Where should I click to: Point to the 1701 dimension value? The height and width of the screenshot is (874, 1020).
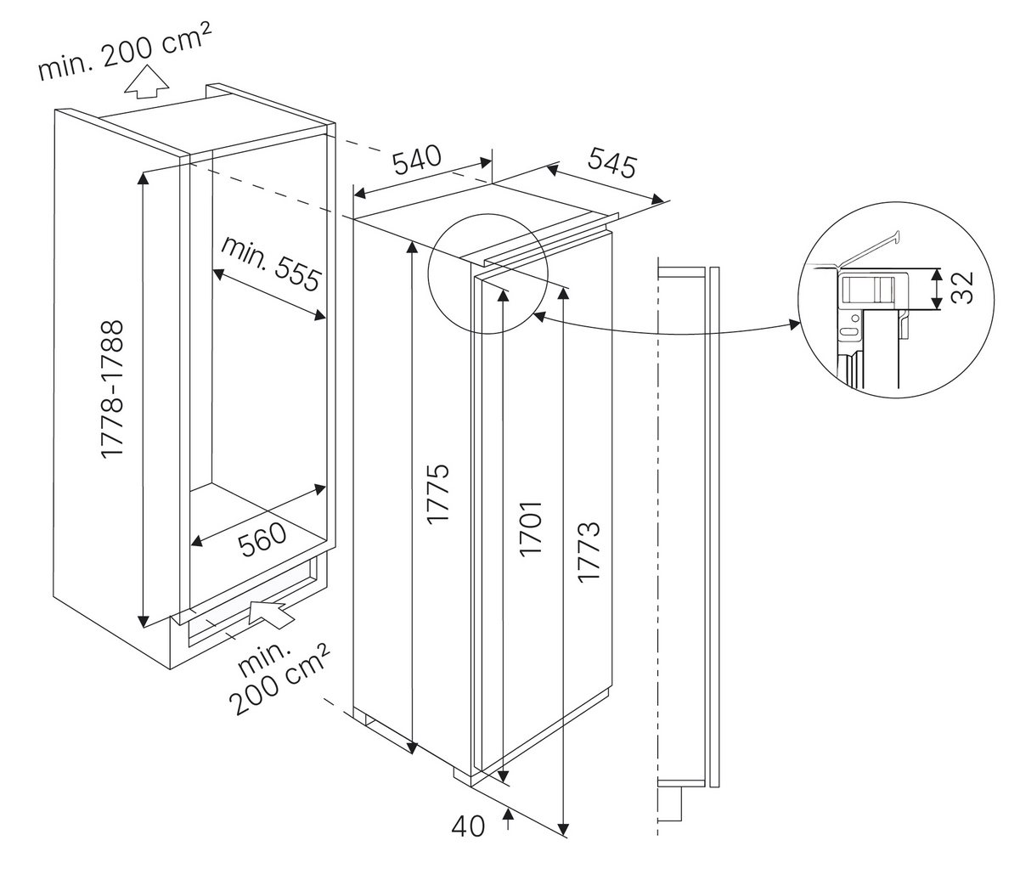click(531, 528)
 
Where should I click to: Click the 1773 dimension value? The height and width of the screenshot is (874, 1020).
click(589, 551)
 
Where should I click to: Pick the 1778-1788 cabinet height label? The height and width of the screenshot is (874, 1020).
click(113, 390)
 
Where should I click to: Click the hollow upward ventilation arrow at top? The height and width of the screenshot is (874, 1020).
click(144, 82)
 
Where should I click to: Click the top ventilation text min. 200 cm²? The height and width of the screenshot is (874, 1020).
click(124, 49)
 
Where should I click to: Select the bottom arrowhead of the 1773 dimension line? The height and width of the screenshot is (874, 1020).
click(564, 828)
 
